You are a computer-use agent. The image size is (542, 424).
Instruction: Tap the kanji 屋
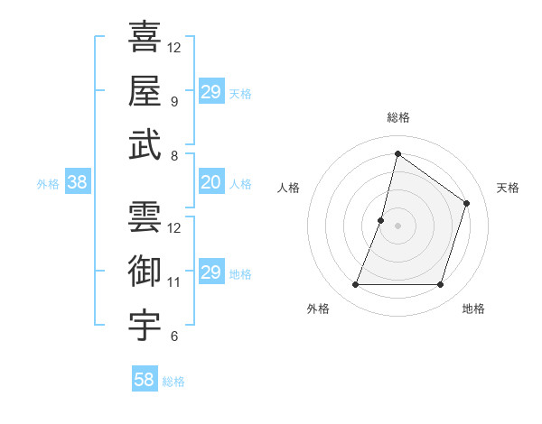(x=145, y=90)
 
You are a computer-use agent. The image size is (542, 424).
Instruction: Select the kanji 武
(x=145, y=144)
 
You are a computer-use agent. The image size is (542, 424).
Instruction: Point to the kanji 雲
(x=145, y=217)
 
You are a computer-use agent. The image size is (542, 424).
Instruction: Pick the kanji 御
(x=145, y=272)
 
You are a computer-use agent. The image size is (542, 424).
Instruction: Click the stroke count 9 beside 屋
(x=174, y=101)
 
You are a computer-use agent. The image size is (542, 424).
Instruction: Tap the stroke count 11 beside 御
(x=174, y=282)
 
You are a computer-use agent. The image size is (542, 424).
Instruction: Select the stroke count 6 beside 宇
(x=174, y=336)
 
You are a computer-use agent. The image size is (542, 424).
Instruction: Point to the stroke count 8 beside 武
(x=174, y=155)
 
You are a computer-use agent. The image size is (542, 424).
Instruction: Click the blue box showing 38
(x=78, y=183)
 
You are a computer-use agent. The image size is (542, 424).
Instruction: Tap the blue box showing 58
(x=145, y=380)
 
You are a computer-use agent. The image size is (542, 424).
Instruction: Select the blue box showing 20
(x=211, y=183)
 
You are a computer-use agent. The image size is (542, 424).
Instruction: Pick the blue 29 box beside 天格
(x=211, y=92)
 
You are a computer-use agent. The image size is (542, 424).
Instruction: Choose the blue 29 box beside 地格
(x=211, y=273)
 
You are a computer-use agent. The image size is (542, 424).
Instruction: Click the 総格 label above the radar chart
(x=397, y=117)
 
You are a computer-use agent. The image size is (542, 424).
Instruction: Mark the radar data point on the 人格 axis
(x=381, y=220)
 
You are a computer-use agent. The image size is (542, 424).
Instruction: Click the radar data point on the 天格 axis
(x=467, y=203)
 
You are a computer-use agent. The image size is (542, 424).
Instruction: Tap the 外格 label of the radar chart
(x=318, y=309)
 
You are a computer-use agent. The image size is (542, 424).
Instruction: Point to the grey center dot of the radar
(x=397, y=226)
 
